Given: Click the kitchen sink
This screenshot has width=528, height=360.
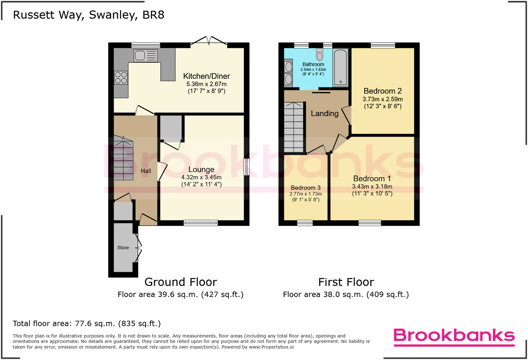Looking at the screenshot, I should tap(146, 56).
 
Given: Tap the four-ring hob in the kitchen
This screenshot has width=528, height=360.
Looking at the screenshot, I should tap(121, 78).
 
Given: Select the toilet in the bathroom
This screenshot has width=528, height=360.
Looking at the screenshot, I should tap(319, 55).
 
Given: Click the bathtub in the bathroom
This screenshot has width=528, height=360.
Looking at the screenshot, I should tap(340, 67).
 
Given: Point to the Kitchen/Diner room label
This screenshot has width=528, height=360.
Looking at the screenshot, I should tap(206, 76).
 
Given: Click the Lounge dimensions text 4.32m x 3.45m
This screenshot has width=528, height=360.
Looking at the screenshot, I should tap(201, 178).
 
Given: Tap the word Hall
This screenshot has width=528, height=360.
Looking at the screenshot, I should tap(146, 171).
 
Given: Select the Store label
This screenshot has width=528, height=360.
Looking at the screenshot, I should tap(123, 248).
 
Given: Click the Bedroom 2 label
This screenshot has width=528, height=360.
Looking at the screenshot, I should tap(382, 91).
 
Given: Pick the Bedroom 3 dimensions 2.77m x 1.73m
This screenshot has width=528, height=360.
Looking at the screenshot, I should tap(305, 194).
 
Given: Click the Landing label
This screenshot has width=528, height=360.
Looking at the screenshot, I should tap(325, 113).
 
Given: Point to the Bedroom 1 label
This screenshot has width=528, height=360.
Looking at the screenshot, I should tap(372, 179).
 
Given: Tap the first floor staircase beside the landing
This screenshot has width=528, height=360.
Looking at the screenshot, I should tap(294, 127).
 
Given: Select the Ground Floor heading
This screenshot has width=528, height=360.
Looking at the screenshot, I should tap(181, 282).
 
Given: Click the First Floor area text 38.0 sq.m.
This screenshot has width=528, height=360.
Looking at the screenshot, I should tap(346, 295).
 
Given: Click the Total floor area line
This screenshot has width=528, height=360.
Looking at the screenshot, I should tap(87, 324).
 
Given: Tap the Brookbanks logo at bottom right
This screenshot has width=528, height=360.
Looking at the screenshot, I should tap(454, 336).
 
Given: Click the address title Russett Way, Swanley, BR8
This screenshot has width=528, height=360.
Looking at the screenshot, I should tap(89, 15).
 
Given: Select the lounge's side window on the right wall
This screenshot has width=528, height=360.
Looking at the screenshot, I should tap(247, 167).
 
